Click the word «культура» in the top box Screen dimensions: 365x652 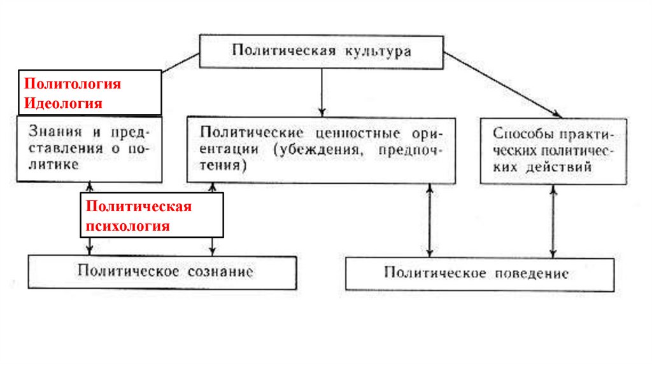click(x=379, y=52)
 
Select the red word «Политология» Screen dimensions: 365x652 click(x=72, y=84)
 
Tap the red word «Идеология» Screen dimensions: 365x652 click(x=63, y=102)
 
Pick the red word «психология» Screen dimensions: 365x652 click(x=128, y=226)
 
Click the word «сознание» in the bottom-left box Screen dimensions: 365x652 click(x=221, y=272)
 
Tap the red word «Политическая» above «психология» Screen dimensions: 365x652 click(x=139, y=207)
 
